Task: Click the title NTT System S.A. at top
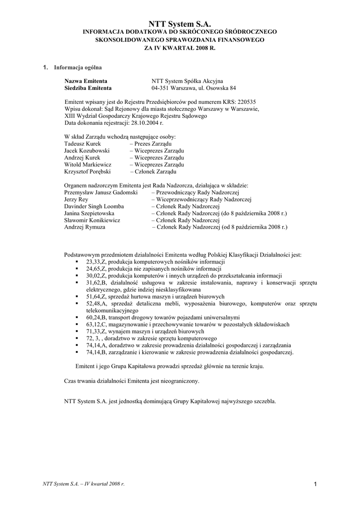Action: (180, 23)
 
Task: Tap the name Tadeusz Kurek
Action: (82, 143)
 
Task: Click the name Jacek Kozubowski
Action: (87, 150)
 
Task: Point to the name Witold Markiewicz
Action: (88, 164)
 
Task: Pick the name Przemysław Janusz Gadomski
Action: (100, 192)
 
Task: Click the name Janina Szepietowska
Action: (89, 213)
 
